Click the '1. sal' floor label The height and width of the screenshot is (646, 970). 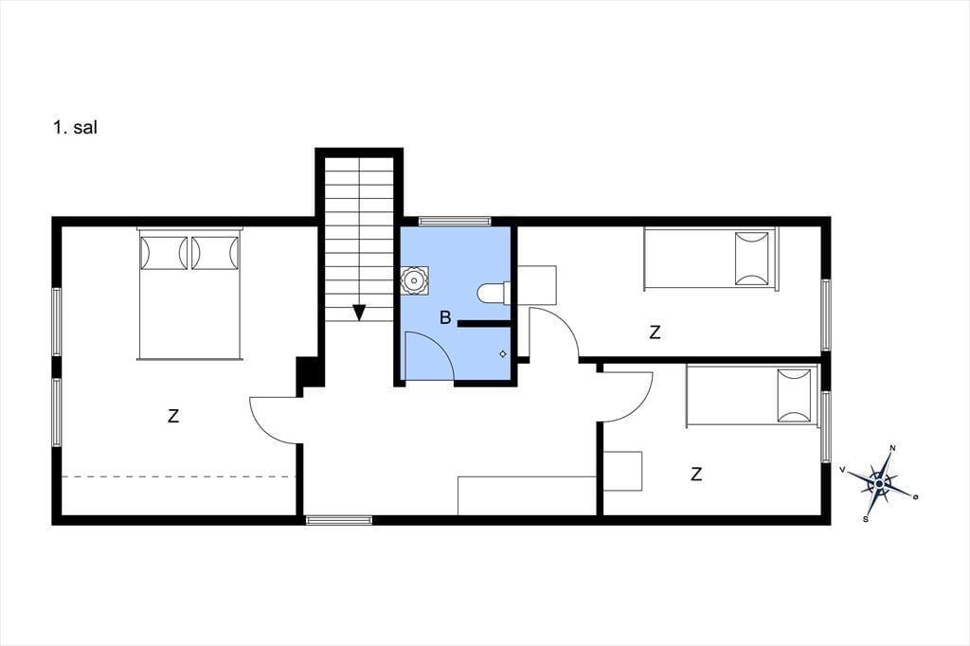pos(75,128)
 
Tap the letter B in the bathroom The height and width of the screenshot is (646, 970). pos(445,318)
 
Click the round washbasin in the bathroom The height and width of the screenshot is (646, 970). pos(414,281)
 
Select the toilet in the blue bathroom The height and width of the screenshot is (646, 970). pos(494,293)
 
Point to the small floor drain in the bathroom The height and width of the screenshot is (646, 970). pos(502,354)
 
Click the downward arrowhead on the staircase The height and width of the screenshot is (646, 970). pos(358,313)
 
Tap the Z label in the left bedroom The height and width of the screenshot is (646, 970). pos(173,416)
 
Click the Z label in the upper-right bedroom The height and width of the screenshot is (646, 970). pos(655,332)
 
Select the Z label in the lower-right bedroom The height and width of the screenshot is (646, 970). pos(696,475)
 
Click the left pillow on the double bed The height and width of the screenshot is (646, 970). pos(164,253)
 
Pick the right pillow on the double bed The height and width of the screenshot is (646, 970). pos(215,253)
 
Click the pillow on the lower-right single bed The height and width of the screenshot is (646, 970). pos(795,395)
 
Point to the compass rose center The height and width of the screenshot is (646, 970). pos(878,481)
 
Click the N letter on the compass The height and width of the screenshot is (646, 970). pos(892,447)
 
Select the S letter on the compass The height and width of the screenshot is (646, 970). pos(865,518)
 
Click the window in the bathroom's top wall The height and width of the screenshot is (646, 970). pos(455,221)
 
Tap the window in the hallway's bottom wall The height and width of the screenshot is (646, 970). pos(339,520)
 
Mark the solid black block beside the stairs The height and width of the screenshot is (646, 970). pos(308,371)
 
